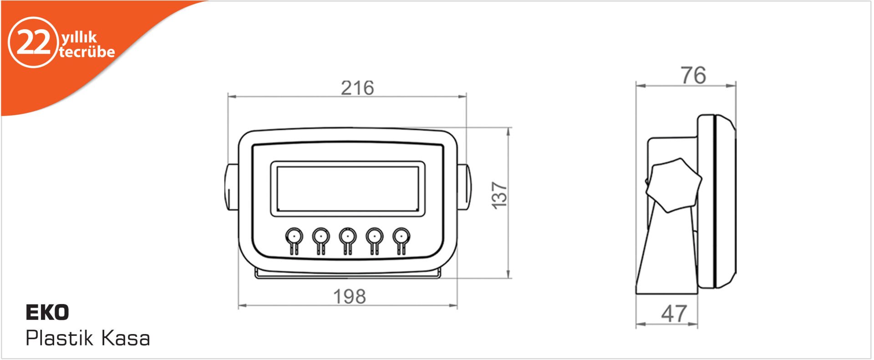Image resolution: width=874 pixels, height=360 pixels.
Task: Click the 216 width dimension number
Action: pos(357,88)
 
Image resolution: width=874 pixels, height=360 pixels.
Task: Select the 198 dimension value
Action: pos(350,297)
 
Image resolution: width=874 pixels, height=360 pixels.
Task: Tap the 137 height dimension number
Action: pos(500,196)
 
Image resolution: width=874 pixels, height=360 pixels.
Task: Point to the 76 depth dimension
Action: pos(694,76)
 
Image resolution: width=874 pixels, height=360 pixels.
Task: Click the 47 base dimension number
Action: pos(674,314)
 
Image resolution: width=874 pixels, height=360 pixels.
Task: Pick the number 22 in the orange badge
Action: pos(33,43)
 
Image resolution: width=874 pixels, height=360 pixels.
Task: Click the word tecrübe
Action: pos(87,52)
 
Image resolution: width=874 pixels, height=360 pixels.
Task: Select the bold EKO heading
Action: pos(47,313)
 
